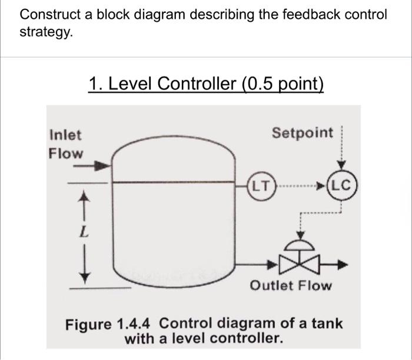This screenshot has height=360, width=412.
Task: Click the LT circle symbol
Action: click(259, 188)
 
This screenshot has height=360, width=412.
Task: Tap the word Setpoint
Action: click(302, 133)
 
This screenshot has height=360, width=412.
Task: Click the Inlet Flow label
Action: click(65, 144)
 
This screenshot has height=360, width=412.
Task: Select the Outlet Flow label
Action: click(291, 286)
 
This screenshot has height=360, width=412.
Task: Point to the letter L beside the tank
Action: click(85, 234)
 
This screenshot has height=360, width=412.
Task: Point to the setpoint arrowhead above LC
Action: click(345, 166)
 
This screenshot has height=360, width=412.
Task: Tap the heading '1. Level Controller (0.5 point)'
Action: click(206, 85)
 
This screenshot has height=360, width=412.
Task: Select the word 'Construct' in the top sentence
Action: click(50, 14)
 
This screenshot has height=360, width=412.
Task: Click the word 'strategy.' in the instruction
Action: click(47, 32)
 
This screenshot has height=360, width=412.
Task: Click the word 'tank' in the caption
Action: click(327, 324)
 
